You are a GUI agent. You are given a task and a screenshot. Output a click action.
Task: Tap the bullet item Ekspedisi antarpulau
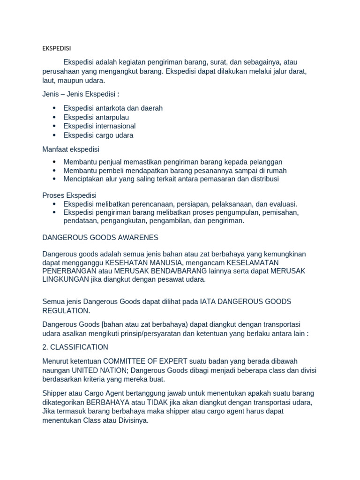96,117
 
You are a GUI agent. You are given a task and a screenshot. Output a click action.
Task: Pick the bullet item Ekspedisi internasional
99,126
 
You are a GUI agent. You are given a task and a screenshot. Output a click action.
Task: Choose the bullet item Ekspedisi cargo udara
98,135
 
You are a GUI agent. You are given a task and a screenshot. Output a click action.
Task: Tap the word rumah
277,171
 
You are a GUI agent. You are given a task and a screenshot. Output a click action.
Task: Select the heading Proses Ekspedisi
69,195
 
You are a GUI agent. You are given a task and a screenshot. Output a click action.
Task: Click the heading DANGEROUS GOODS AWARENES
100,238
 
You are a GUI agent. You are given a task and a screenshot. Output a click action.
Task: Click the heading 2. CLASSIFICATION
75,347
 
